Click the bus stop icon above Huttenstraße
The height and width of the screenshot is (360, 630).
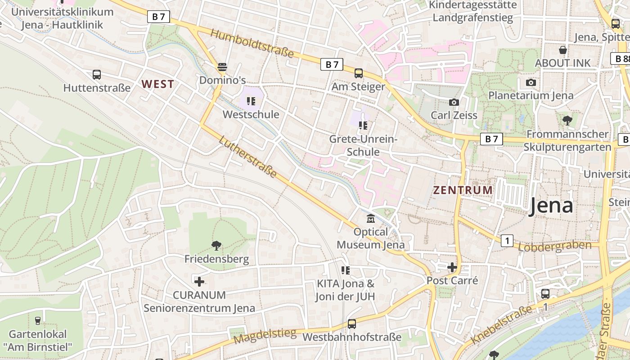pos(96,75)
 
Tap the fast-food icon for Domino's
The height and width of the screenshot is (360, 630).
pos(222,67)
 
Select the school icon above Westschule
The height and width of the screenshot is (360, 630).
pos(251,101)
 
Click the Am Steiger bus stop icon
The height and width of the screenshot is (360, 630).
pos(358,73)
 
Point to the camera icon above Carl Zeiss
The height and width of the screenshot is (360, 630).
pos(454,102)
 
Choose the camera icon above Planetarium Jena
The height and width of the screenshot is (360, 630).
pos(531,82)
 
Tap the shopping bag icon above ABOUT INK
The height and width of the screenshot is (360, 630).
pos(562,50)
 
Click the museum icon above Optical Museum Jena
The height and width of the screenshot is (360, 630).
pos(370,219)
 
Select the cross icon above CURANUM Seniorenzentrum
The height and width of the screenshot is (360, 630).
pos(199,282)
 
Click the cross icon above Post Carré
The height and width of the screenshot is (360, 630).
pos(452,267)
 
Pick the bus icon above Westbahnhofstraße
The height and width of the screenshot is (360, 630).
pos(351,324)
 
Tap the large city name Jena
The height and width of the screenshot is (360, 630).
pos(551,206)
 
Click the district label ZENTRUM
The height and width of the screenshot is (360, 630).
pos(463,190)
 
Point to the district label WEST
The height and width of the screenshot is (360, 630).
pos(157,84)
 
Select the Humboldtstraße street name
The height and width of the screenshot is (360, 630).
pos(252,44)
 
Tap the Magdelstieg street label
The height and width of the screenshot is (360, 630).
pos(265,336)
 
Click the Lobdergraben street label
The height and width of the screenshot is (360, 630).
pos(555,246)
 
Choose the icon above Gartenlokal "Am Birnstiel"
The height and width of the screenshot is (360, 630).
pos(37,321)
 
